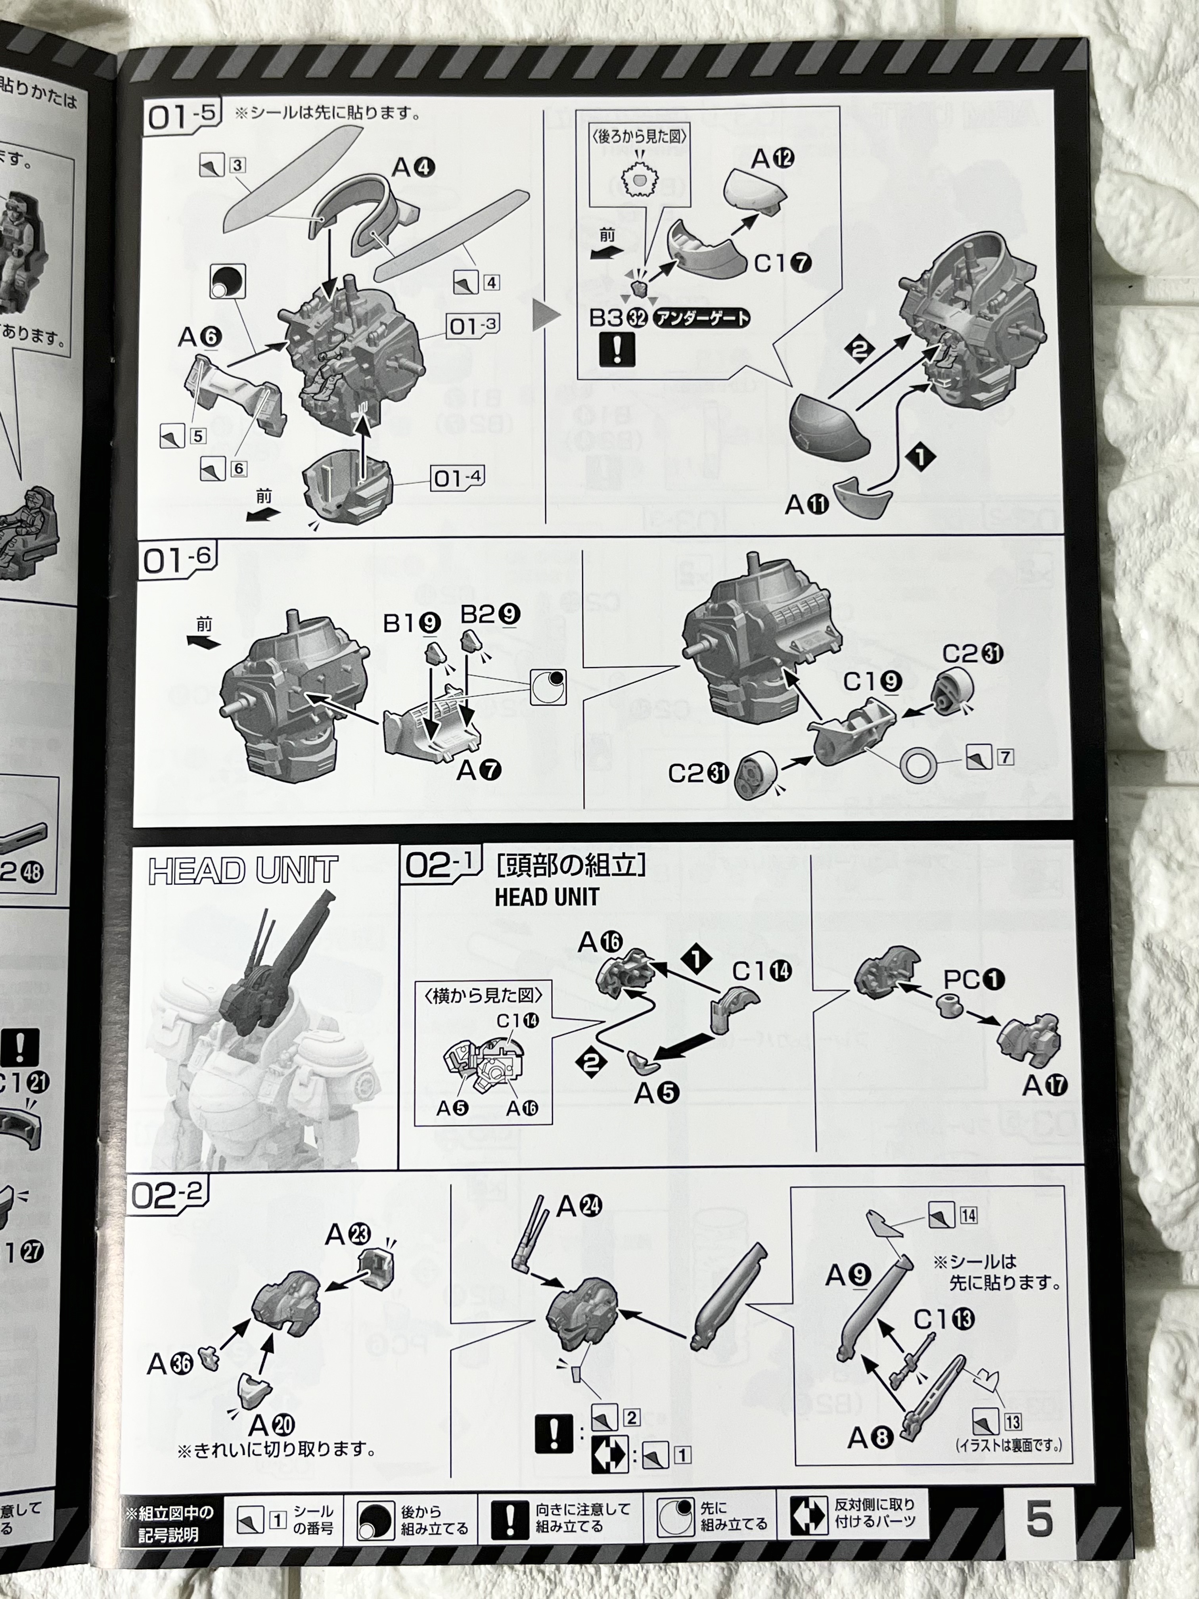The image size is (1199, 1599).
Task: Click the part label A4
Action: (414, 168)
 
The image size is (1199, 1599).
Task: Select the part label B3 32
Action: (618, 317)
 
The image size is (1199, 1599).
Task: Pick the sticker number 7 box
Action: (1005, 757)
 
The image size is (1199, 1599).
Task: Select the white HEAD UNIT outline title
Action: (243, 870)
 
